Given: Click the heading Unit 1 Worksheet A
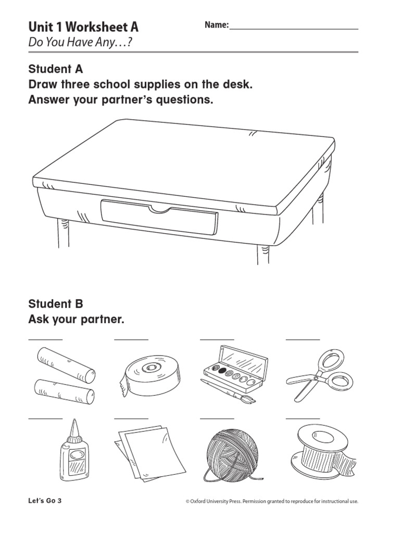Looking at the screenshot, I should click(x=83, y=27).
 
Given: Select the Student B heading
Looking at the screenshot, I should click(x=56, y=304).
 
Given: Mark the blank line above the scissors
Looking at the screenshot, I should click(x=303, y=339).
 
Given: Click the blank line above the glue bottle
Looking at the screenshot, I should click(x=45, y=417).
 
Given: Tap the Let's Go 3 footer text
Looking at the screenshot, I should click(x=48, y=501).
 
